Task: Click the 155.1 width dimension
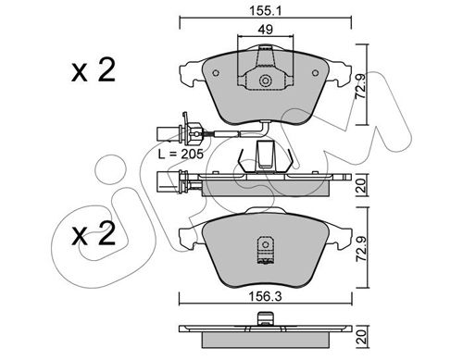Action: [x=266, y=11]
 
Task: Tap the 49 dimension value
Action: [x=266, y=30]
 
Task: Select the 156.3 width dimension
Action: [x=266, y=297]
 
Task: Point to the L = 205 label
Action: [x=181, y=154]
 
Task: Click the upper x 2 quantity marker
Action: [x=94, y=70]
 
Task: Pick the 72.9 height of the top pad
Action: [x=360, y=85]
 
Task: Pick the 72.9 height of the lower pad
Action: [x=361, y=249]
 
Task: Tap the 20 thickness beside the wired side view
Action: [x=361, y=185]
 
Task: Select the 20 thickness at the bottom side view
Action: [x=361, y=337]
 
